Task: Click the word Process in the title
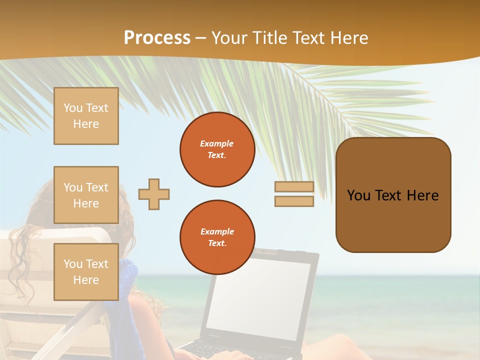pos(157,38)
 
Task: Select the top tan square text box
pos(86,116)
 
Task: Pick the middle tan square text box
pos(86,195)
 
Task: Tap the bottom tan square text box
pos(86,272)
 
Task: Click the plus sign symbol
pos(154,194)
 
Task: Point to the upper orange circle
pos(217,149)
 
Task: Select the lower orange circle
pos(217,237)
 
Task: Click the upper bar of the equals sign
pos(294,187)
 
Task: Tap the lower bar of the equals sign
pos(294,201)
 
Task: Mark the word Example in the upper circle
pos(217,143)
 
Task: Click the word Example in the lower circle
pos(217,231)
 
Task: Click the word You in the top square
pos(73,108)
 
